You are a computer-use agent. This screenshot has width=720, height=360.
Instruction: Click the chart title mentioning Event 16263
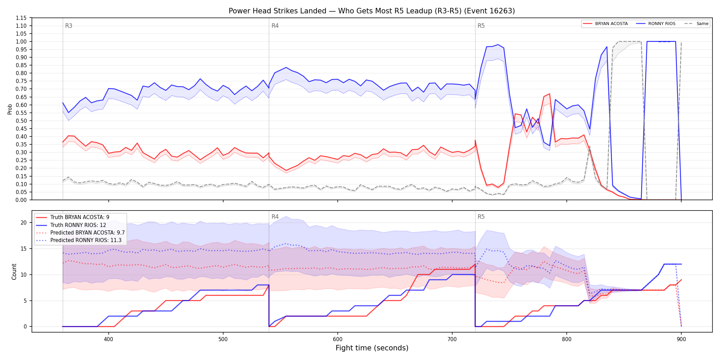point(372,11)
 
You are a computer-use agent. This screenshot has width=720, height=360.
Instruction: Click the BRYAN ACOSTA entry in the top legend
point(605,24)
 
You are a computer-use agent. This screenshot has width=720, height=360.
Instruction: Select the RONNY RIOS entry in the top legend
point(656,24)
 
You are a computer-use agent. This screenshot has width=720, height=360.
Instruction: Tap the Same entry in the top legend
point(696,24)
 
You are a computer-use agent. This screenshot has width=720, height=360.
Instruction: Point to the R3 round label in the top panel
point(69,26)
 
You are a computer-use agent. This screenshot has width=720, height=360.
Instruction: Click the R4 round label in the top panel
point(275,26)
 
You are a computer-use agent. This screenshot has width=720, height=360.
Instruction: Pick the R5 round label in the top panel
point(481,26)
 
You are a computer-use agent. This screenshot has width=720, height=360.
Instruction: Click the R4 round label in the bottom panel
point(275,217)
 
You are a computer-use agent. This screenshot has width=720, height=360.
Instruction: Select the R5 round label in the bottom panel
point(481,217)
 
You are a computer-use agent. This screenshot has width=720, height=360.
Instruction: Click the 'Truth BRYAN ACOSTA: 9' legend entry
point(73,217)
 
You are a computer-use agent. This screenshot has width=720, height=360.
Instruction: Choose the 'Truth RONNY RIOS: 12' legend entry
point(71,225)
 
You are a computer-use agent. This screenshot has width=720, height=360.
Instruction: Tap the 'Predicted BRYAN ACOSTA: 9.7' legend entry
point(80,233)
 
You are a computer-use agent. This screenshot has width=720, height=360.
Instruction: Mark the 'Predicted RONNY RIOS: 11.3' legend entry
point(79,240)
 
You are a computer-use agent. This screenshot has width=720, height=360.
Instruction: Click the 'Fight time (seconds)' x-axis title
point(372,348)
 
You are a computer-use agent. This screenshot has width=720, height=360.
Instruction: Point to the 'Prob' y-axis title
point(10,109)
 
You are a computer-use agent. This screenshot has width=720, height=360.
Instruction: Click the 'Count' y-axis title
point(14,272)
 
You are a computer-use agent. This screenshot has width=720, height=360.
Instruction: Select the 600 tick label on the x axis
point(338,339)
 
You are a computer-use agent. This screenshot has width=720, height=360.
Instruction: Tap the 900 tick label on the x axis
point(681,339)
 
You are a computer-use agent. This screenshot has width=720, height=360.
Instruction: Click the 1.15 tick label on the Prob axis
point(21,18)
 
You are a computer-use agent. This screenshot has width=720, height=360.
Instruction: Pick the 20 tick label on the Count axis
point(24,223)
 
